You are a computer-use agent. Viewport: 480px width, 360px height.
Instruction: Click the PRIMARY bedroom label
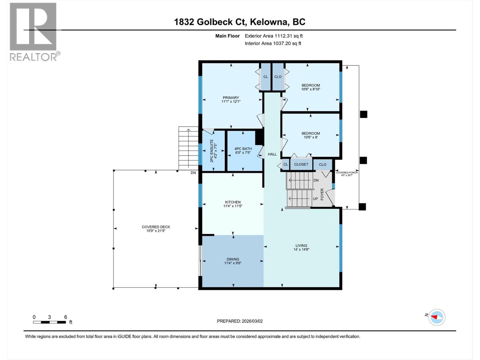click(231, 97)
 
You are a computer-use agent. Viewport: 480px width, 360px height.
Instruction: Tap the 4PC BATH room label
click(243, 148)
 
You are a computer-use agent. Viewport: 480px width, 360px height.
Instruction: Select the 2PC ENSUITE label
click(211, 151)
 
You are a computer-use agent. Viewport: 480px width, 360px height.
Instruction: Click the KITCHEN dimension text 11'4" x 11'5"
click(232, 206)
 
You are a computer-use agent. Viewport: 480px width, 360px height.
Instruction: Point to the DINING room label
click(233, 259)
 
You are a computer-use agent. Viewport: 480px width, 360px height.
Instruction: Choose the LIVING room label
click(301, 245)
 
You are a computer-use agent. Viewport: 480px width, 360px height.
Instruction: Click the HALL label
click(272, 154)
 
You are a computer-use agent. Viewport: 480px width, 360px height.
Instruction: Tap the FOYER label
click(322, 194)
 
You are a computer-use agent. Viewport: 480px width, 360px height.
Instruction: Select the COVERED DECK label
click(156, 227)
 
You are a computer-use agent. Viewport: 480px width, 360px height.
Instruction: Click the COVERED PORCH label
click(347, 172)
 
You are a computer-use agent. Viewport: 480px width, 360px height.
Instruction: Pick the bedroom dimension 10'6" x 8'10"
click(311, 89)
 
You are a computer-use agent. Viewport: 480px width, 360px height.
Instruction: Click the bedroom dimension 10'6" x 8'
click(310, 137)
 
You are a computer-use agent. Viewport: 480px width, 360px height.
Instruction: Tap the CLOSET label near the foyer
click(301, 164)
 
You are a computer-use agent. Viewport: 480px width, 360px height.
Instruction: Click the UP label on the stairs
click(315, 199)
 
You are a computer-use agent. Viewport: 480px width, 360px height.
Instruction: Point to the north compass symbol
click(436, 317)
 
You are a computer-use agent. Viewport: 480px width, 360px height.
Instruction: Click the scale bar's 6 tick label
click(65, 317)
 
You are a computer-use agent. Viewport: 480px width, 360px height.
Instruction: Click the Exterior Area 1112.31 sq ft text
click(274, 36)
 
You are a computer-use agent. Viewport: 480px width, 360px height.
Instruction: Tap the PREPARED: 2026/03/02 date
click(240, 321)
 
